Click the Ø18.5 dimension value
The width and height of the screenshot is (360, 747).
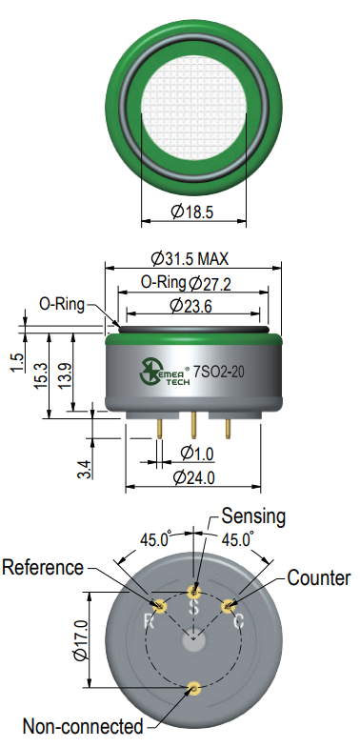tap(192, 212)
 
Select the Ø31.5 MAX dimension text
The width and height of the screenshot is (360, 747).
tap(190, 259)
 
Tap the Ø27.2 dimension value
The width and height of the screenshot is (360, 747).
tap(210, 284)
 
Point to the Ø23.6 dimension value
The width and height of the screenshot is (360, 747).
tap(190, 306)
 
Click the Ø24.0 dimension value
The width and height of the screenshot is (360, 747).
tap(194, 477)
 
